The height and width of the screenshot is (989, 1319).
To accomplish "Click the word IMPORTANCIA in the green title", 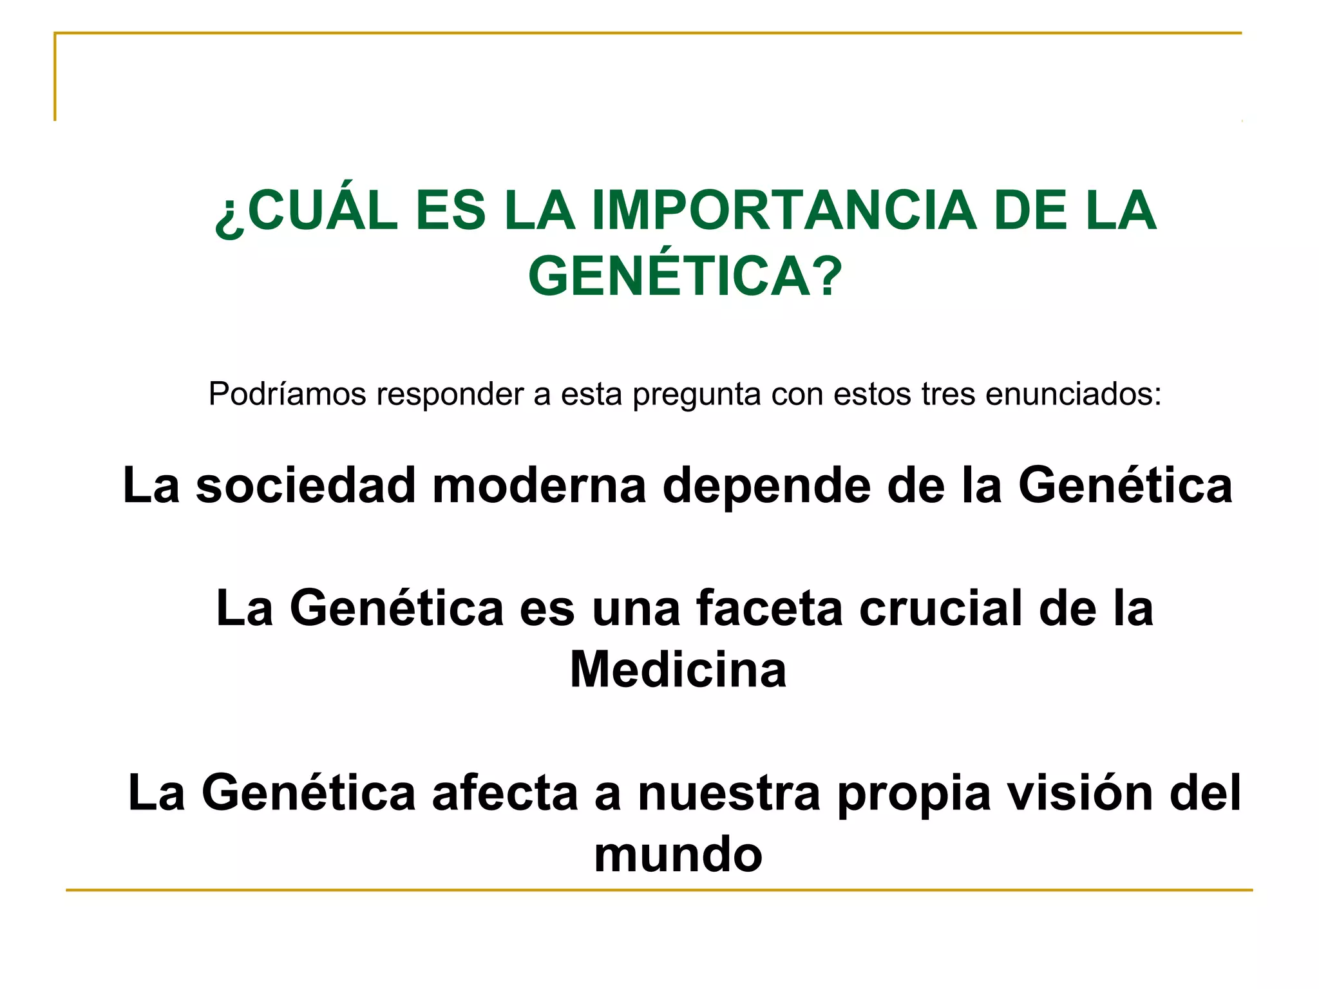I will pos(783,211).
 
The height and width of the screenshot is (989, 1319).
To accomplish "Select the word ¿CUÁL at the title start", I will pos(307,211).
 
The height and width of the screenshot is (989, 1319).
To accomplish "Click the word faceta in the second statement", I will pos(769,608).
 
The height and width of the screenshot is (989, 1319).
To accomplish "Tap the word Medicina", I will pos(678,670).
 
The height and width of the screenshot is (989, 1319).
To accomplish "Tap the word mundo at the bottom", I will pos(678,855).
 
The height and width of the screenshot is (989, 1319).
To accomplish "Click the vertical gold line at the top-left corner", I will pos(55,77).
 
